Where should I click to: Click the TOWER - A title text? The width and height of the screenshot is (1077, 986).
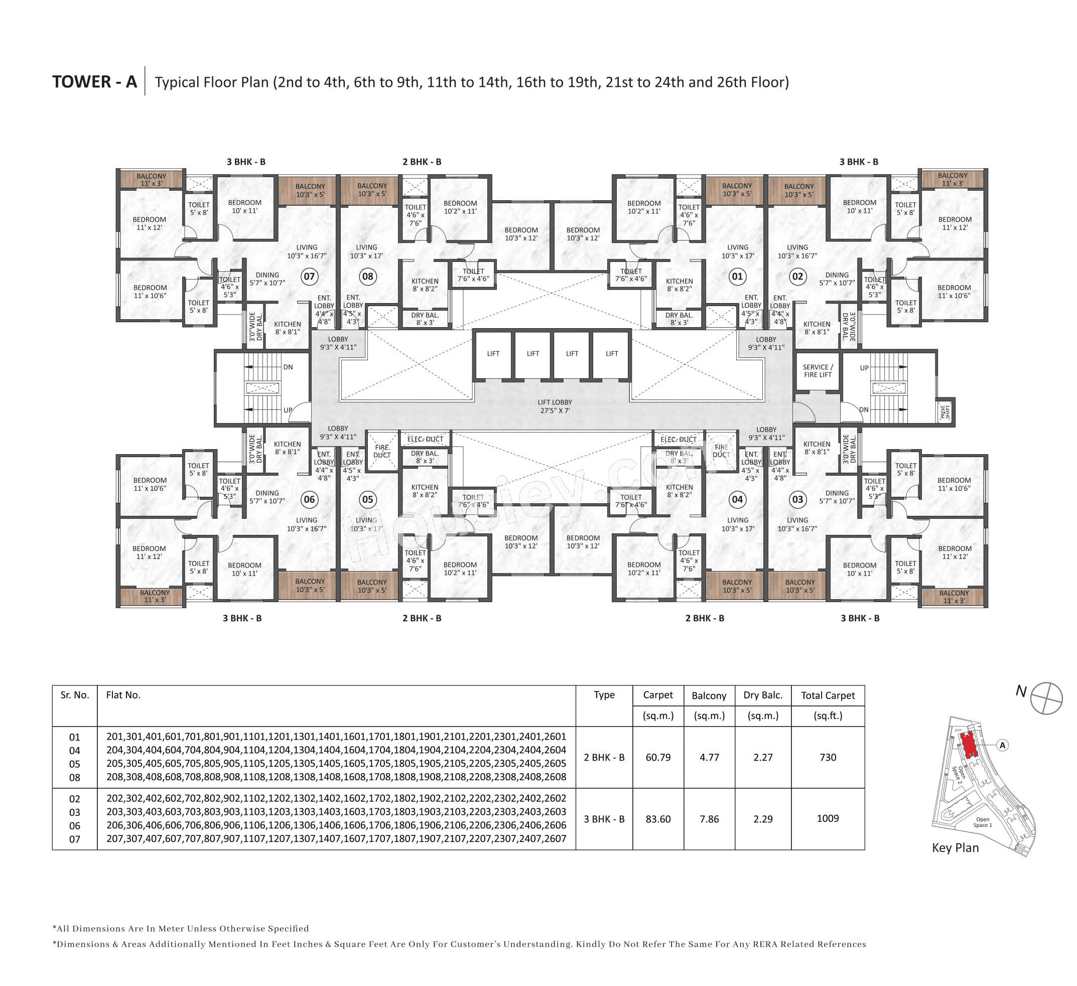(94, 82)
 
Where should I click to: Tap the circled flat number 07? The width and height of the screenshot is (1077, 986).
(309, 276)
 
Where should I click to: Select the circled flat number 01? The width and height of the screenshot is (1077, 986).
(737, 276)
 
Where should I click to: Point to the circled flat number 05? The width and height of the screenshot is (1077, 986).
(367, 499)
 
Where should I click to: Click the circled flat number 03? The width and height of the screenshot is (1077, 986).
(797, 499)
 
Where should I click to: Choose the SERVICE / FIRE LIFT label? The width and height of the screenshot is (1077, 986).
(818, 371)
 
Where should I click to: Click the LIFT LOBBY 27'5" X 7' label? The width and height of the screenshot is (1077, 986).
(555, 406)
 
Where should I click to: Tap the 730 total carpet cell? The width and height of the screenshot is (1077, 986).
(828, 757)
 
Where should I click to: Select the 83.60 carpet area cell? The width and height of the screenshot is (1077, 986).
(657, 819)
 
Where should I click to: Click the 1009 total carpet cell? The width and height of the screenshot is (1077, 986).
(828, 818)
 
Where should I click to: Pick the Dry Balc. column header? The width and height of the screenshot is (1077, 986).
(762, 695)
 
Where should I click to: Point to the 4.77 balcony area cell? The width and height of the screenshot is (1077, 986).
(709, 757)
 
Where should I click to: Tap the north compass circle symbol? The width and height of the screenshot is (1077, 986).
(1046, 697)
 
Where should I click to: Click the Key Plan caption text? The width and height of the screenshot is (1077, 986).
(955, 848)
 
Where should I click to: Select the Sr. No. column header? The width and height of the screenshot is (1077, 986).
(74, 695)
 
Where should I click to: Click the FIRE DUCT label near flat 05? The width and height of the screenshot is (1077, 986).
(382, 451)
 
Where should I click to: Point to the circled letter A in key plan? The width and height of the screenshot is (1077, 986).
(1003, 745)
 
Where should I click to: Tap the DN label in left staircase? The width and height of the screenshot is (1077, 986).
(288, 367)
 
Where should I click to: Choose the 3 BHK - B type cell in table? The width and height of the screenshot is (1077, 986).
(604, 819)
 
